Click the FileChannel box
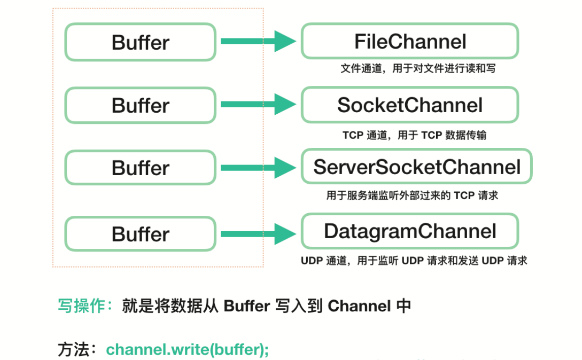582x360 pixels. click(410, 41)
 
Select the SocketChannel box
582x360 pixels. click(410, 105)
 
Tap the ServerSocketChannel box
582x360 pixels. click(416, 167)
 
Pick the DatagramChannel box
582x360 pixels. click(410, 231)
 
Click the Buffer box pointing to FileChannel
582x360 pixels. click(140, 42)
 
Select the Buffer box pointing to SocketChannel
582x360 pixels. click(140, 106)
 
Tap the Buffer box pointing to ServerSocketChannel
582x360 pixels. click(140, 168)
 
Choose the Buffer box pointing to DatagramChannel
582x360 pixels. click(140, 234)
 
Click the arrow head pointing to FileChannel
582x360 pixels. click(284, 41)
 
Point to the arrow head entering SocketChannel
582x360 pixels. click(284, 105)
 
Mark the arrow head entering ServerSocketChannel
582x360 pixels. click(284, 168)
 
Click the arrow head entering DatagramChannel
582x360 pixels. click(284, 234)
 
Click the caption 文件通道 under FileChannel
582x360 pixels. click(417, 68)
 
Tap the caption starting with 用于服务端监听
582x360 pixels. click(412, 195)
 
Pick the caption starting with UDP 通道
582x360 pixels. click(414, 261)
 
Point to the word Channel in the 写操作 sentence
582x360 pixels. click(359, 306)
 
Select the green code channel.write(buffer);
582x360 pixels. click(187, 350)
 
